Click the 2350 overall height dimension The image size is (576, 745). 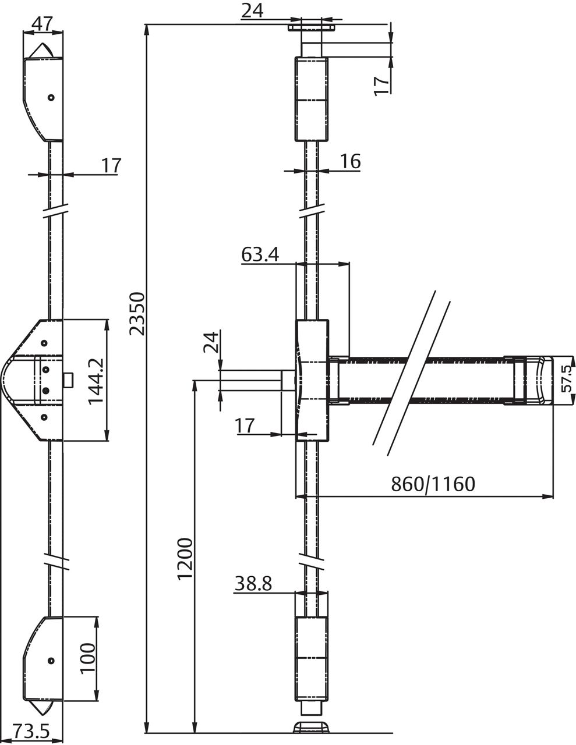tap(136, 314)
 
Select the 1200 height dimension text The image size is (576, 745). tap(185, 558)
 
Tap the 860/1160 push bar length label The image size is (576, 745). tap(433, 484)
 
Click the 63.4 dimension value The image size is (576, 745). tap(260, 254)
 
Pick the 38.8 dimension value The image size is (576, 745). tap(253, 583)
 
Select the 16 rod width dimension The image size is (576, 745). tap(349, 161)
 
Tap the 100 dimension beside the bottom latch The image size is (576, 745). tap(87, 658)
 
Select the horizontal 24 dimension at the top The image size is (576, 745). tap(252, 10)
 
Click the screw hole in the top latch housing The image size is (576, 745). tap(51, 98)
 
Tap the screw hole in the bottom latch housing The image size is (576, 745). tap(51, 660)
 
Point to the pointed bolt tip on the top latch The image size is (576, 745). tap(41, 51)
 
